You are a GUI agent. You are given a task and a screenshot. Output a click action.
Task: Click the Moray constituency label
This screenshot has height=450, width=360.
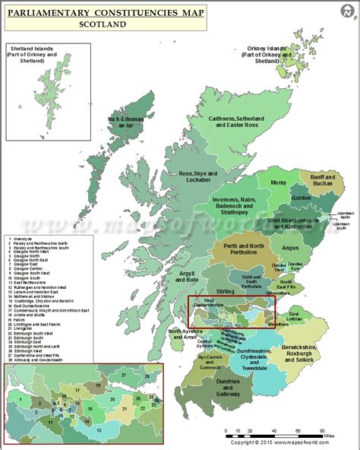[279, 183]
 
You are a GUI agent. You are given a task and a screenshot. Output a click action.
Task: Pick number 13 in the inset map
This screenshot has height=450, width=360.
[77, 429]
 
